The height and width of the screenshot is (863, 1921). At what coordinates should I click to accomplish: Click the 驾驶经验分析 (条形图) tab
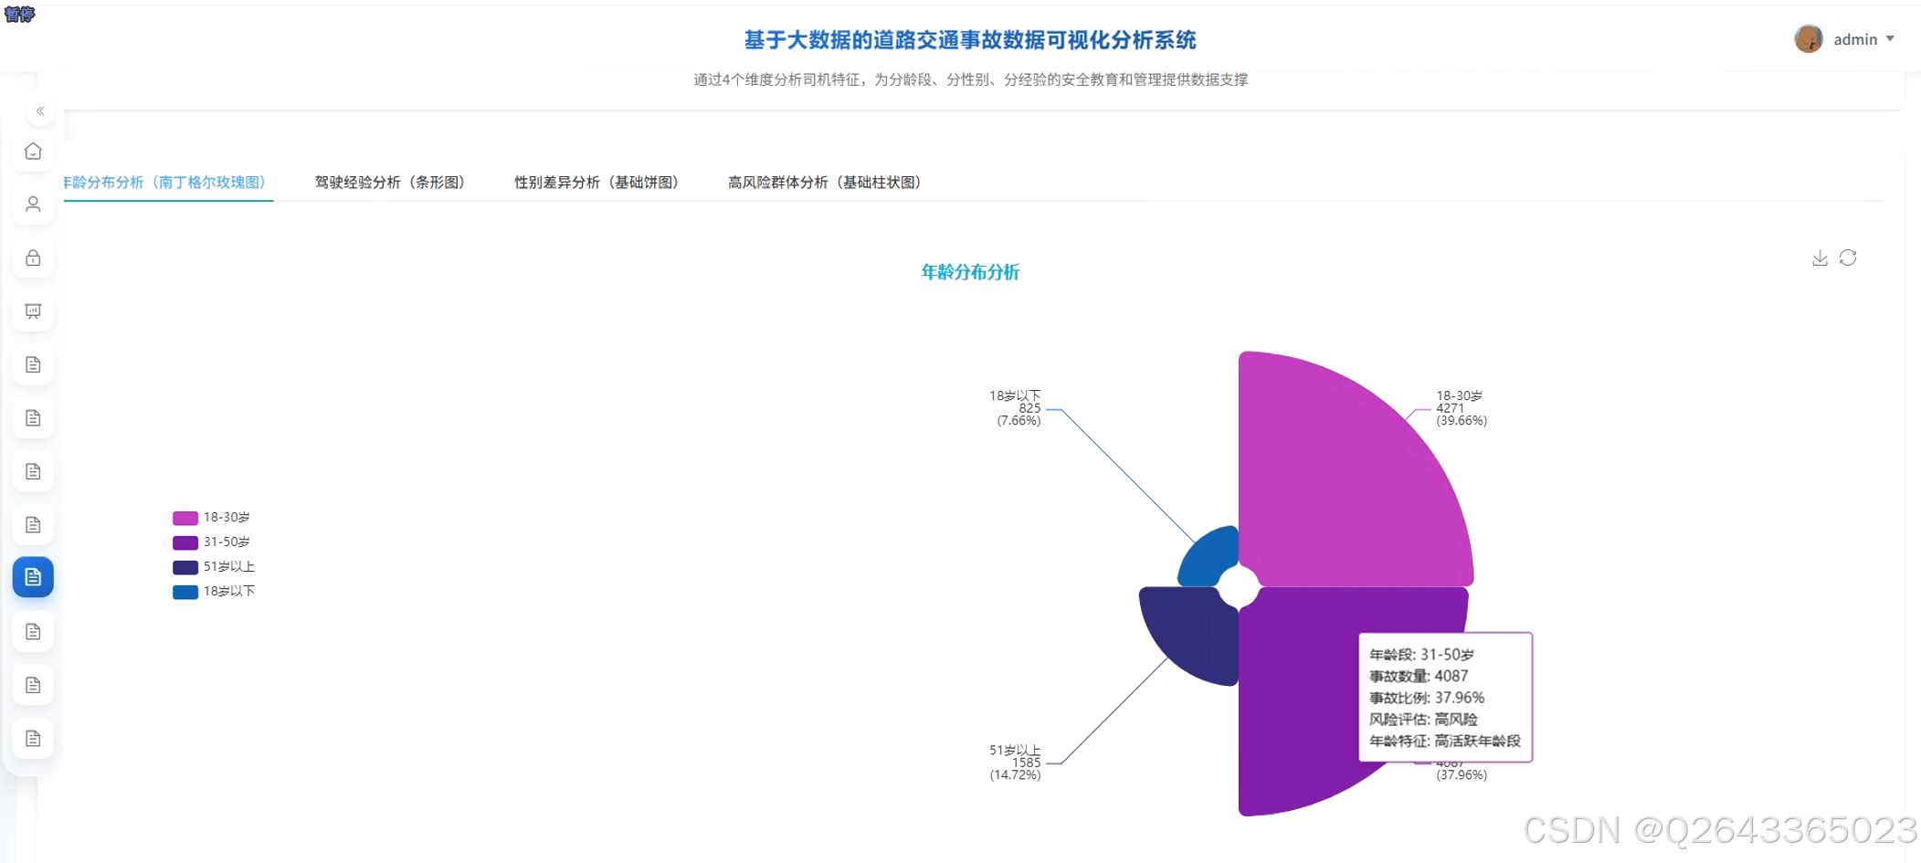(390, 182)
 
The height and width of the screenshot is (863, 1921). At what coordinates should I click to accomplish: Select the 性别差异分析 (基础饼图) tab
(596, 182)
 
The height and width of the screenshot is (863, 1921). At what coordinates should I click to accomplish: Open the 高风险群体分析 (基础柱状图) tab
(824, 182)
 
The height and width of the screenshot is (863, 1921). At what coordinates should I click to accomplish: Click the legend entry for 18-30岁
(213, 517)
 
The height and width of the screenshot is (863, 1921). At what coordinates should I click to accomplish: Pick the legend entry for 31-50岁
(213, 542)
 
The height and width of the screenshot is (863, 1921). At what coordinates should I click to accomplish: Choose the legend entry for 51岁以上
(215, 566)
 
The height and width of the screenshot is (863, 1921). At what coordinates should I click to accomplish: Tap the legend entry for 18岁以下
(215, 591)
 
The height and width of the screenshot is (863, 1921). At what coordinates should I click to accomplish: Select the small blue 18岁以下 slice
(1210, 554)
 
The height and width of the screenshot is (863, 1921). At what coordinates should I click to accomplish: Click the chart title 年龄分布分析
(970, 272)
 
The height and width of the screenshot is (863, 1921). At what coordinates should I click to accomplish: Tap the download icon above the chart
(1820, 258)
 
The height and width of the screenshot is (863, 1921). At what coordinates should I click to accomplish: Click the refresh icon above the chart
(1848, 258)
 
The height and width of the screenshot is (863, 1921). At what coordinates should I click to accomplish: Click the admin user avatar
(1808, 39)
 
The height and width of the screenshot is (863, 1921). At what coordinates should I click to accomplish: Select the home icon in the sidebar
(33, 152)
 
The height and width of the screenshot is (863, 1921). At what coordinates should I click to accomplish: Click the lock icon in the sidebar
(33, 258)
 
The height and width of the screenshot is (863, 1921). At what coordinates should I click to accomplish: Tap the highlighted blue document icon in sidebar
(33, 577)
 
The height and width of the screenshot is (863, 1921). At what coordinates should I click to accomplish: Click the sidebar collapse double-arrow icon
(40, 111)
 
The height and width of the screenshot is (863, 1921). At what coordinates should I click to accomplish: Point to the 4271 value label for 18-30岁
(1450, 408)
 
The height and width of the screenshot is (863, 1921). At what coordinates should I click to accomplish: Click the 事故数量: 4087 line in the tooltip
(1419, 676)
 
